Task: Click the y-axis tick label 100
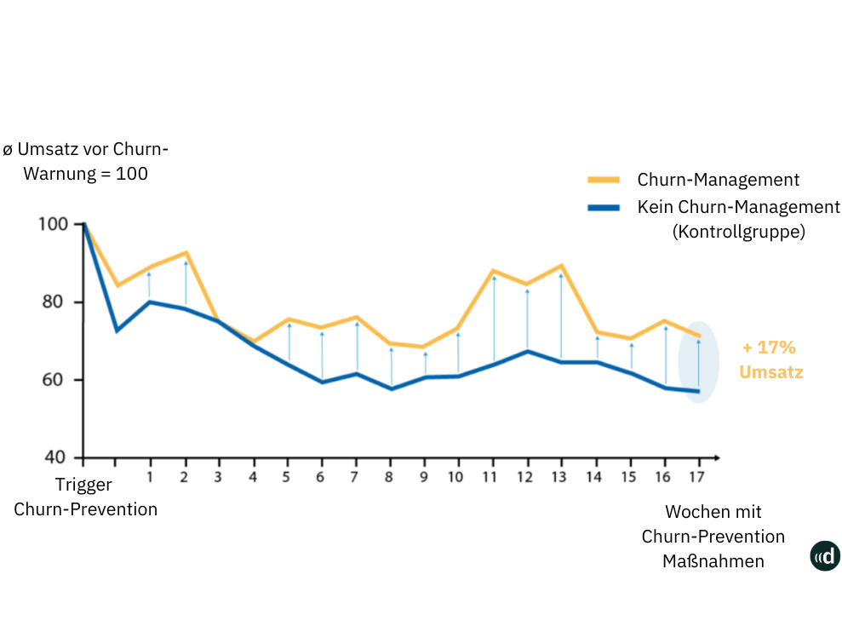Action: pyautogui.click(x=53, y=225)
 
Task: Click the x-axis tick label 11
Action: pyautogui.click(x=490, y=477)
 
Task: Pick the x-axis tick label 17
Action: pyautogui.click(x=696, y=477)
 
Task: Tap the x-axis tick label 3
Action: pyautogui.click(x=218, y=477)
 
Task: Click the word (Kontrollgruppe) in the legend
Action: pyautogui.click(x=738, y=231)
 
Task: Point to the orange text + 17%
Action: pyautogui.click(x=768, y=348)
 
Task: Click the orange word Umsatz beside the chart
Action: pyautogui.click(x=770, y=372)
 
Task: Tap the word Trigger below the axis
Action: pyautogui.click(x=83, y=485)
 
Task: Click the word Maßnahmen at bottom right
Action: pyautogui.click(x=713, y=560)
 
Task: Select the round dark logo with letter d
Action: pyautogui.click(x=825, y=556)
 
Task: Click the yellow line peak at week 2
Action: pyautogui.click(x=185, y=253)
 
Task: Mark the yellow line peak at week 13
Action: pyautogui.click(x=560, y=266)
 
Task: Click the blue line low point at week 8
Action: pyautogui.click(x=391, y=388)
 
